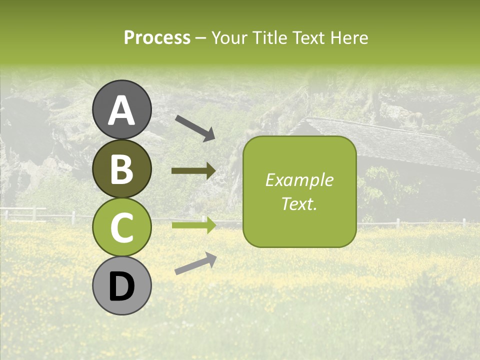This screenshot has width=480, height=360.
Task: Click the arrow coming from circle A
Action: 195,127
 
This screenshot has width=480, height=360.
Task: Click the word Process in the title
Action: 157,37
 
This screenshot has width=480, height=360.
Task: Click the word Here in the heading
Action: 349,37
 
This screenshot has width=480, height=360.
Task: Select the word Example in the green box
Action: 299,180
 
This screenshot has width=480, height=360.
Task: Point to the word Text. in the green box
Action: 299,203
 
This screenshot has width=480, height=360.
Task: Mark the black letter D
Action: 121,287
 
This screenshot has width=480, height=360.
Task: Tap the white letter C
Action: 121,227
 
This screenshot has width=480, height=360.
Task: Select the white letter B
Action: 121,169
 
